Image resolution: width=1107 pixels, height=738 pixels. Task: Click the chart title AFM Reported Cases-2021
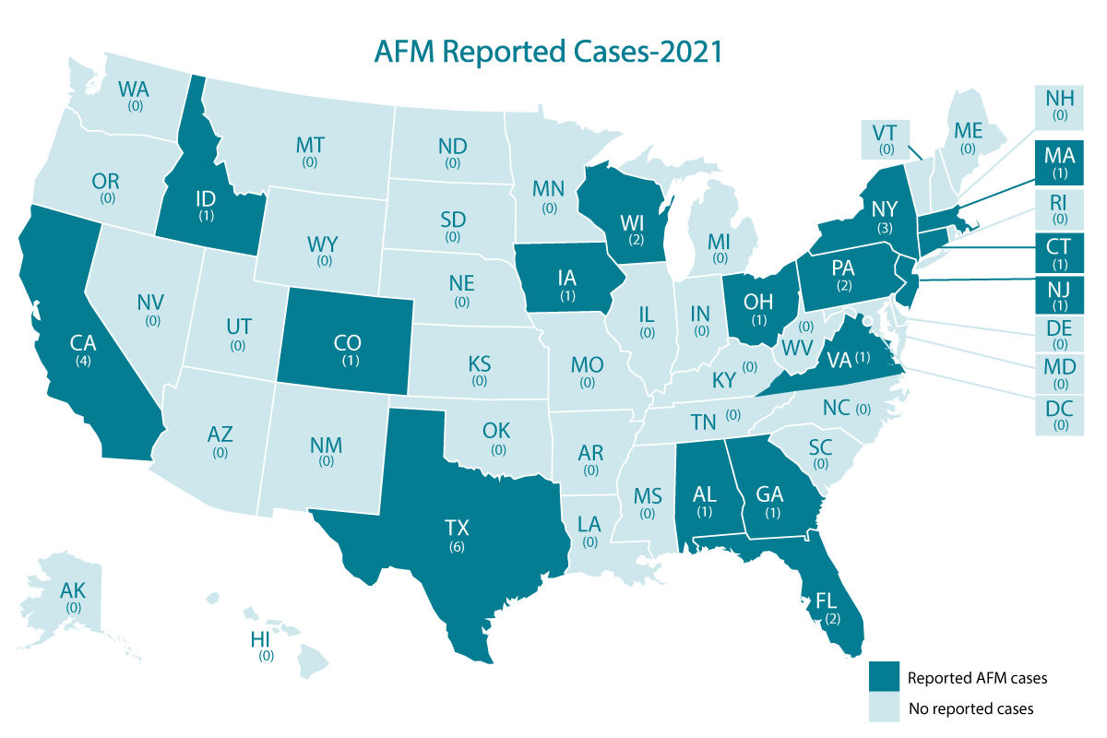click(x=547, y=51)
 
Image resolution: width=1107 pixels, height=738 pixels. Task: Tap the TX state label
click(x=457, y=529)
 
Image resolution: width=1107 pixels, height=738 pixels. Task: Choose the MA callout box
click(x=1060, y=165)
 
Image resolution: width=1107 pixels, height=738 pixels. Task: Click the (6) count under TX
click(x=457, y=547)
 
